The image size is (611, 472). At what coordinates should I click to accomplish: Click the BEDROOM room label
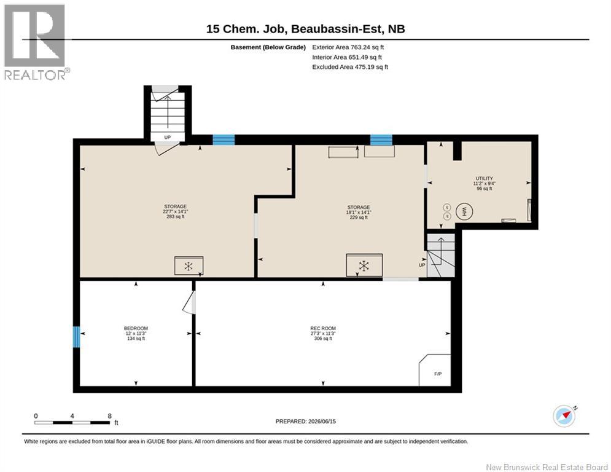tap(136, 328)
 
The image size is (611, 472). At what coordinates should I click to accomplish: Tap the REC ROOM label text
tap(323, 328)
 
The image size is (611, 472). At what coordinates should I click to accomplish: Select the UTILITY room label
tap(485, 178)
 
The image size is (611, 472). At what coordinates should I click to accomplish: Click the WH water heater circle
tap(464, 211)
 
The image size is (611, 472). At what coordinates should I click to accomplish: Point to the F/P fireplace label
tap(438, 374)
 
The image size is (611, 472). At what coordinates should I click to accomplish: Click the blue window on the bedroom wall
tap(77, 337)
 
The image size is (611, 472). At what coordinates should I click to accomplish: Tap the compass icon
tap(564, 416)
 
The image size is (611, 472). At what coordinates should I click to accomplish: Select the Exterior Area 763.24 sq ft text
tap(348, 47)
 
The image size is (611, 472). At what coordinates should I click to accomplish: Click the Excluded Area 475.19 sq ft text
tap(350, 67)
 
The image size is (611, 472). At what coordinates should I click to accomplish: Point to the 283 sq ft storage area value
tap(176, 216)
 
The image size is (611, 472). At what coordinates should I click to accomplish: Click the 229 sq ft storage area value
tap(359, 218)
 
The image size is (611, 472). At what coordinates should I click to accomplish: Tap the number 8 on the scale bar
tap(110, 416)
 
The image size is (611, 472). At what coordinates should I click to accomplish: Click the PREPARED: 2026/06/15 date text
tap(306, 421)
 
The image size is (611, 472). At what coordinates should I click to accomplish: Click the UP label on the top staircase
tap(168, 137)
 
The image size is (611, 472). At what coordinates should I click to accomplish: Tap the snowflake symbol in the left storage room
tap(189, 267)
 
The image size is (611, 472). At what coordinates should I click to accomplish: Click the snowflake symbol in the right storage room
tap(364, 266)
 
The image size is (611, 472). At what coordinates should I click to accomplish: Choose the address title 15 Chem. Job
tap(247, 29)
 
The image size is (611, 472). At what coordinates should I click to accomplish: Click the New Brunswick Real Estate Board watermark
tap(547, 467)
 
